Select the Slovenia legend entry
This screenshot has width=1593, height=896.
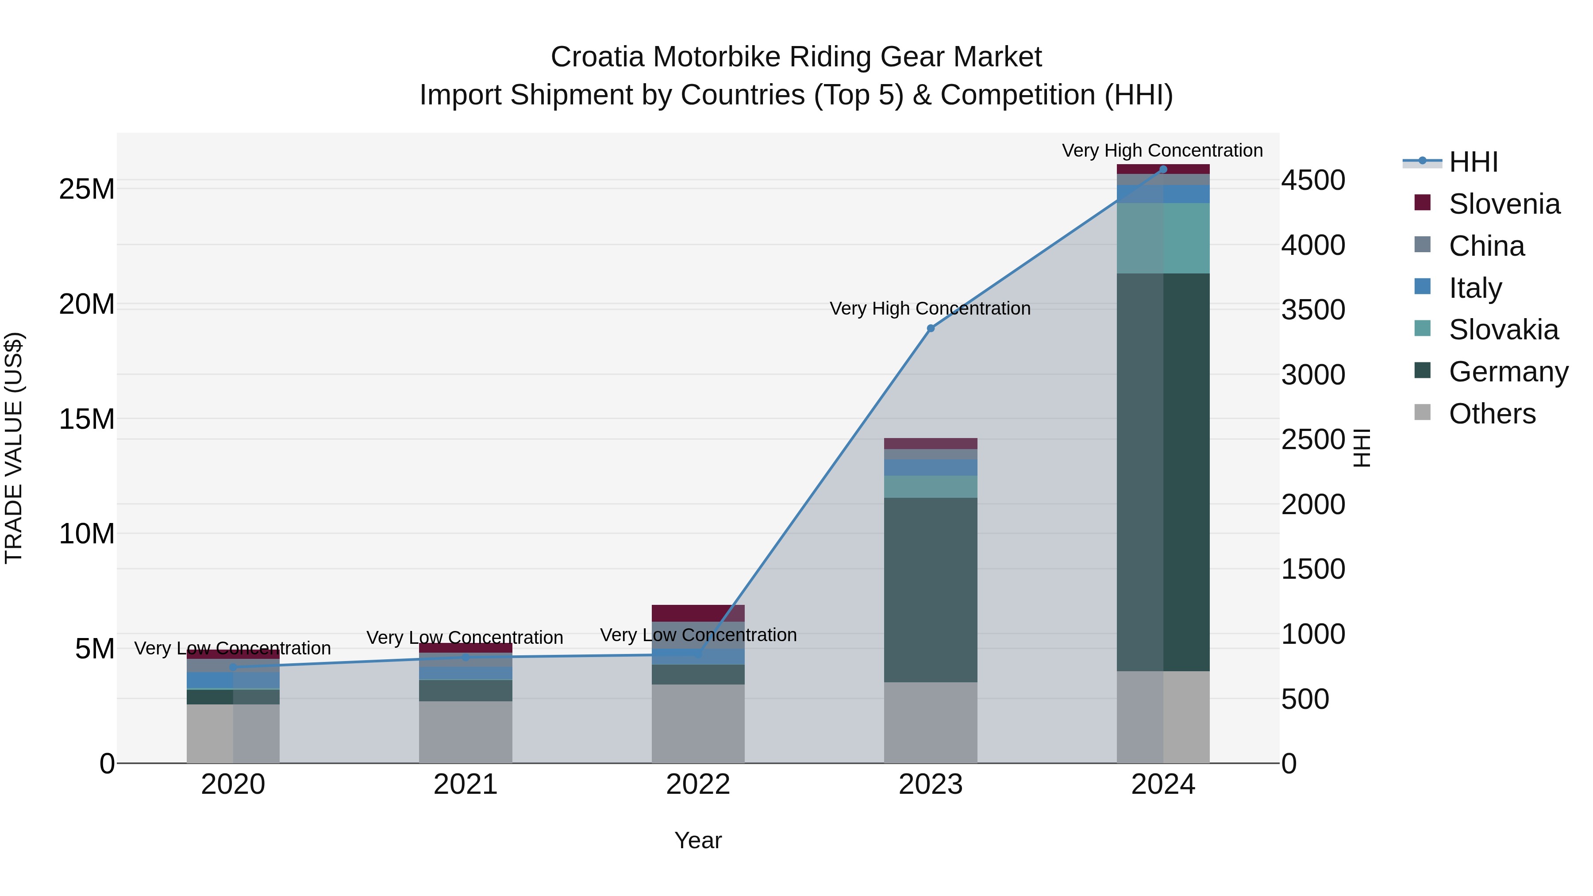coord(1504,204)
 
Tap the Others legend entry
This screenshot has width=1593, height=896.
coord(1492,414)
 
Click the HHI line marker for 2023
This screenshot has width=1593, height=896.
coord(931,328)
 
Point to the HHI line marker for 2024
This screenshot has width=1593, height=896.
coord(1163,169)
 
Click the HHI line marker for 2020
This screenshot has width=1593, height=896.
coord(233,667)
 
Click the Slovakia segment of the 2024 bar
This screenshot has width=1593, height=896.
coord(1163,238)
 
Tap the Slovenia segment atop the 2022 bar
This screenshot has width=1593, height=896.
coord(698,613)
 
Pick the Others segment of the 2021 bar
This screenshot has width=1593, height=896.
coord(466,732)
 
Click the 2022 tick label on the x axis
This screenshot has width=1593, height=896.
coord(698,784)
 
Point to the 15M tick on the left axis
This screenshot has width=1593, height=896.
coord(87,419)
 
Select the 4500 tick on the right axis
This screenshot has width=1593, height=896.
coord(1313,181)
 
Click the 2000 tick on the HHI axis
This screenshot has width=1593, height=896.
coord(1313,504)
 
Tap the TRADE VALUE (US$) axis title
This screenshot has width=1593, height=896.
coord(14,448)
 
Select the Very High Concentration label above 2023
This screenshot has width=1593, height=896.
coord(930,308)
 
